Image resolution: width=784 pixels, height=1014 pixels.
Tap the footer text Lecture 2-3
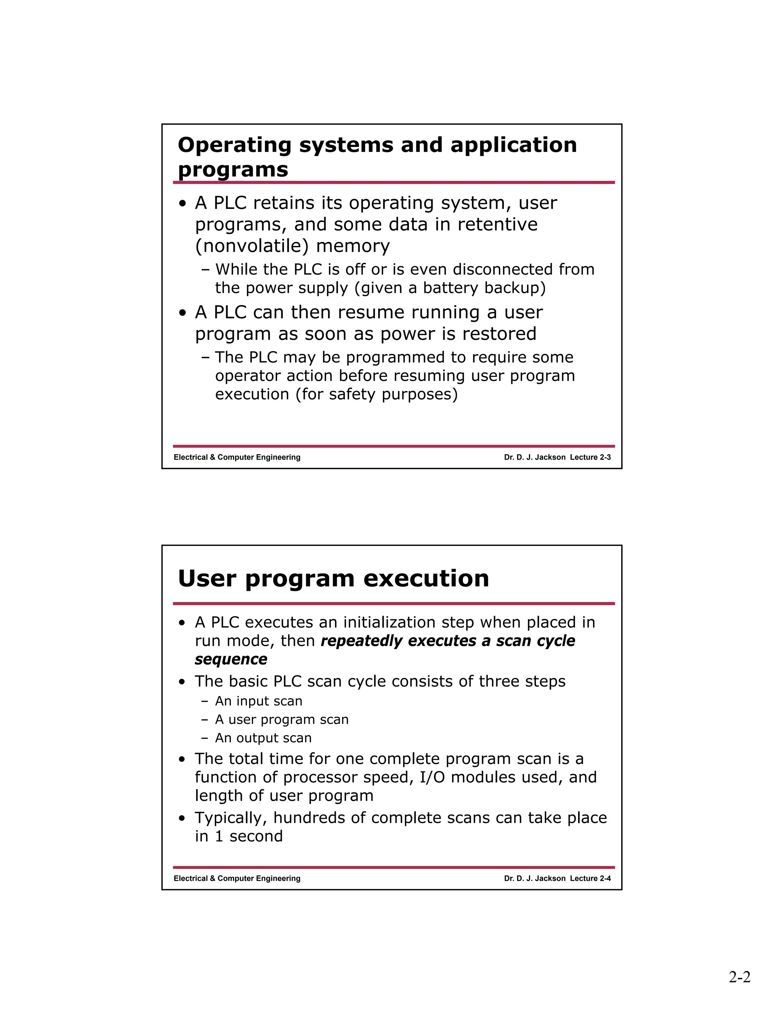[590, 457]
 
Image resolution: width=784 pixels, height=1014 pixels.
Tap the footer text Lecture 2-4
[590, 879]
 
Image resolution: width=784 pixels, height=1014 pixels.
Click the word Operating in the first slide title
[235, 145]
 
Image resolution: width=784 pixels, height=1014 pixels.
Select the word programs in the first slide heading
[233, 170]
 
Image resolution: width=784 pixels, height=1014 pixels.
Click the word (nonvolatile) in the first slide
[251, 246]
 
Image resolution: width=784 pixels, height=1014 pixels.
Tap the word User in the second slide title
[207, 579]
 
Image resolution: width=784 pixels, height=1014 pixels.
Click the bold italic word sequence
[231, 659]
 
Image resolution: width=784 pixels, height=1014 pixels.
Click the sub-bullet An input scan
[258, 701]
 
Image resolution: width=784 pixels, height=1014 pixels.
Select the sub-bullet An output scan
[263, 738]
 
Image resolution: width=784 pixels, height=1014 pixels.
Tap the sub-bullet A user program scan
[281, 720]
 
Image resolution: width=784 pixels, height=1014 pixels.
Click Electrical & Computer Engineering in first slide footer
[237, 457]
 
